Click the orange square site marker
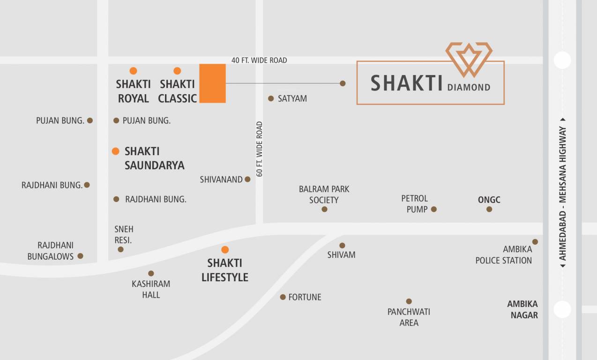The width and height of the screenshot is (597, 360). click(x=212, y=83)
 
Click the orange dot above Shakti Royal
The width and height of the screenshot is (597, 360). click(x=133, y=71)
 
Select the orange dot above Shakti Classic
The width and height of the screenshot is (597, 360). click(x=177, y=71)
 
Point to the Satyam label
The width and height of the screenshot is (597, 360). click(x=292, y=98)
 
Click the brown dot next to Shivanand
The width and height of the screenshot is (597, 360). click(x=248, y=179)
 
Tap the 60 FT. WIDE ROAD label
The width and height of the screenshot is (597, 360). click(x=260, y=149)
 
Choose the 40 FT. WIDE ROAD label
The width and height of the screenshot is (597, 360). click(x=259, y=60)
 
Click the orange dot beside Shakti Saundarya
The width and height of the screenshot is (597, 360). click(x=116, y=151)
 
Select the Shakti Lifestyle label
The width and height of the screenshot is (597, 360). click(x=225, y=270)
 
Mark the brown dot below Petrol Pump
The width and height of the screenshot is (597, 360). click(x=434, y=209)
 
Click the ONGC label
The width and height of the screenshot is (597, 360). click(x=489, y=200)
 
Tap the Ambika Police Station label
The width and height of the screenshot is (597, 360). click(x=504, y=255)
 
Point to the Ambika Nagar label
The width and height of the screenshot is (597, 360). click(x=522, y=309)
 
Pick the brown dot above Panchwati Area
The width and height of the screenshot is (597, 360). click(x=409, y=301)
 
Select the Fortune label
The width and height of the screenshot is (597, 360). click(x=305, y=297)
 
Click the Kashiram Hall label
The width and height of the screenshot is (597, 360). click(x=151, y=289)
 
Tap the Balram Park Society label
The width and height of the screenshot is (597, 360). click(x=324, y=195)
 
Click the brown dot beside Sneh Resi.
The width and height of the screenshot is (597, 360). click(x=120, y=249)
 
